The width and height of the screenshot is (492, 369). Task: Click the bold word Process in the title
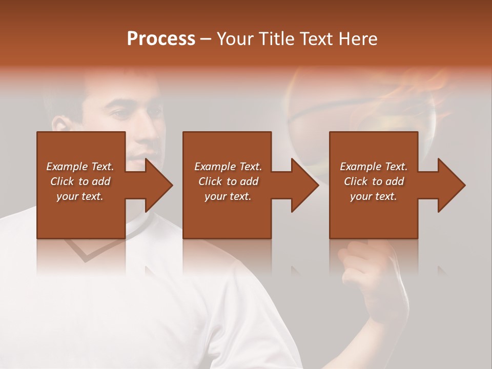pyautogui.click(x=161, y=38)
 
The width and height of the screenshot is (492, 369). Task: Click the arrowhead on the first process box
pyautogui.click(x=157, y=185)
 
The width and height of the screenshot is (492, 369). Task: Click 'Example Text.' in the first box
pyautogui.click(x=80, y=167)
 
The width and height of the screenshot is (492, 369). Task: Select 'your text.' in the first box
pyautogui.click(x=80, y=196)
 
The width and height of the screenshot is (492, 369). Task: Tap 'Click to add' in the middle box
pyautogui.click(x=228, y=181)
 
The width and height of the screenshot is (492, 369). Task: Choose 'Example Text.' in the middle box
pyautogui.click(x=228, y=167)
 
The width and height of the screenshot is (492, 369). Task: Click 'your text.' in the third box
pyautogui.click(x=374, y=196)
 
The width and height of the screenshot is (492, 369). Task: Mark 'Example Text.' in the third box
pyautogui.click(x=374, y=167)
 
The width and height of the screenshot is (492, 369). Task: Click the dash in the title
pyautogui.click(x=206, y=39)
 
